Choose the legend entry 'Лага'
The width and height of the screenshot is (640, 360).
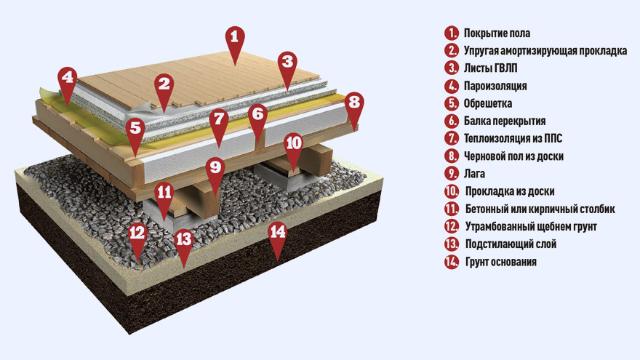[475, 174]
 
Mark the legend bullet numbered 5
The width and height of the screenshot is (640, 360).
[452, 103]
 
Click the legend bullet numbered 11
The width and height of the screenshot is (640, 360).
[452, 209]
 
